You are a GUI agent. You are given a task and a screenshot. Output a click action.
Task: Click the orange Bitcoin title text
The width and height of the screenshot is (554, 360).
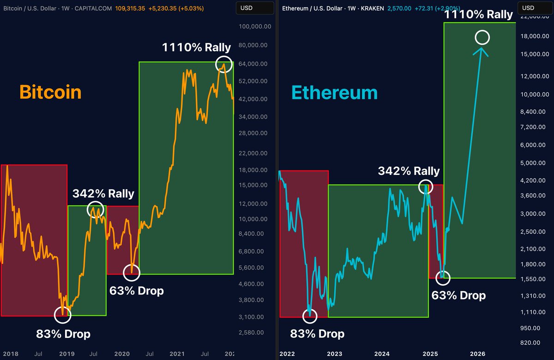point(50,92)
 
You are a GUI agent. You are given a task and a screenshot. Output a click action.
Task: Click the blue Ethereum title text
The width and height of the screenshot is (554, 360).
point(334,93)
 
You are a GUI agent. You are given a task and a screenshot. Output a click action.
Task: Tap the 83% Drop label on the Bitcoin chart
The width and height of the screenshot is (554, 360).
point(63,333)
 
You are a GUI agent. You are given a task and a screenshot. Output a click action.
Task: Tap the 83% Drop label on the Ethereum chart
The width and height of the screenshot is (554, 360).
point(317,333)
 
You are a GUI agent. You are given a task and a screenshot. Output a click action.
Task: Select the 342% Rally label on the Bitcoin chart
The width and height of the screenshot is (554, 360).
point(103,193)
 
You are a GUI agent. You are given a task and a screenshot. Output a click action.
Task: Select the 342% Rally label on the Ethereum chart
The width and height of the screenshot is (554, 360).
point(409,171)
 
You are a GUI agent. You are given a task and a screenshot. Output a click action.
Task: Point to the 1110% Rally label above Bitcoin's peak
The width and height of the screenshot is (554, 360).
point(196,47)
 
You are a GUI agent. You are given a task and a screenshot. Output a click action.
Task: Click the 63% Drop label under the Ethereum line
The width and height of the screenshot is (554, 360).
point(458,295)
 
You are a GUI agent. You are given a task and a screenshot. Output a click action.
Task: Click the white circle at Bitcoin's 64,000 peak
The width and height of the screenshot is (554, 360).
point(224,64)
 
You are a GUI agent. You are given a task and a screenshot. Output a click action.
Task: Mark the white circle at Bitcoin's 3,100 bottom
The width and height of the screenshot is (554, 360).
point(63,315)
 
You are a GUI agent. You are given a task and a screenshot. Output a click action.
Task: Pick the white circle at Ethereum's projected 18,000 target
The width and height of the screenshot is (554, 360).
point(482,37)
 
